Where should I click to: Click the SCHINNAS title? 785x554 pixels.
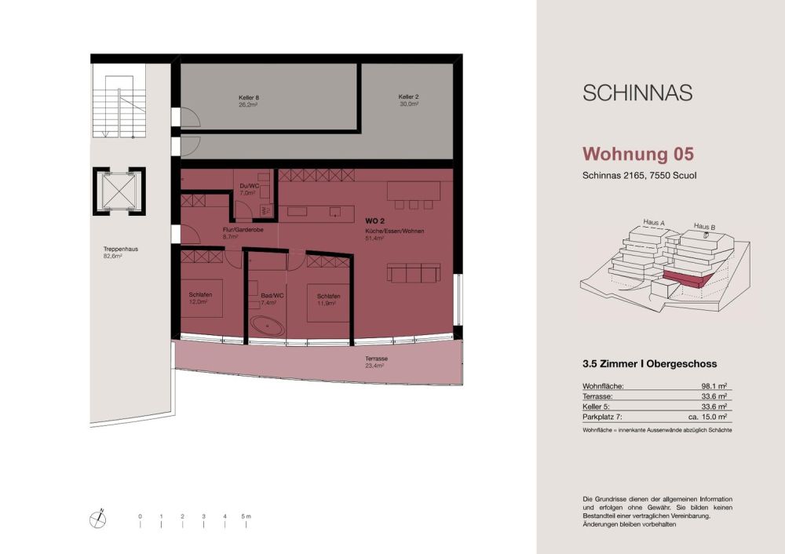tap(637, 93)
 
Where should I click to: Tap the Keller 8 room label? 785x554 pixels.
tap(249, 101)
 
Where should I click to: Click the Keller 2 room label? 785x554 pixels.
tap(408, 100)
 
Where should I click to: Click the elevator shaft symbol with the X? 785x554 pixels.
tap(118, 191)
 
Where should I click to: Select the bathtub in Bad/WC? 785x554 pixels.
tap(266, 324)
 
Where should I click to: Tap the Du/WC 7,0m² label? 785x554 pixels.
tap(248, 189)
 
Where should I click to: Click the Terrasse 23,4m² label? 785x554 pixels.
tap(376, 362)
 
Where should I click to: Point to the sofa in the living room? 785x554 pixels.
tap(412, 274)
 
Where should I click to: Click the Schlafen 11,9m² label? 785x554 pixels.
tap(328, 299)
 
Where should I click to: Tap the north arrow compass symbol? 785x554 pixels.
tap(100, 516)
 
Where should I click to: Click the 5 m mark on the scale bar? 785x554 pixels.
tap(246, 516)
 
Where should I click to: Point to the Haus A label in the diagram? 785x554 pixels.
tap(653, 223)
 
